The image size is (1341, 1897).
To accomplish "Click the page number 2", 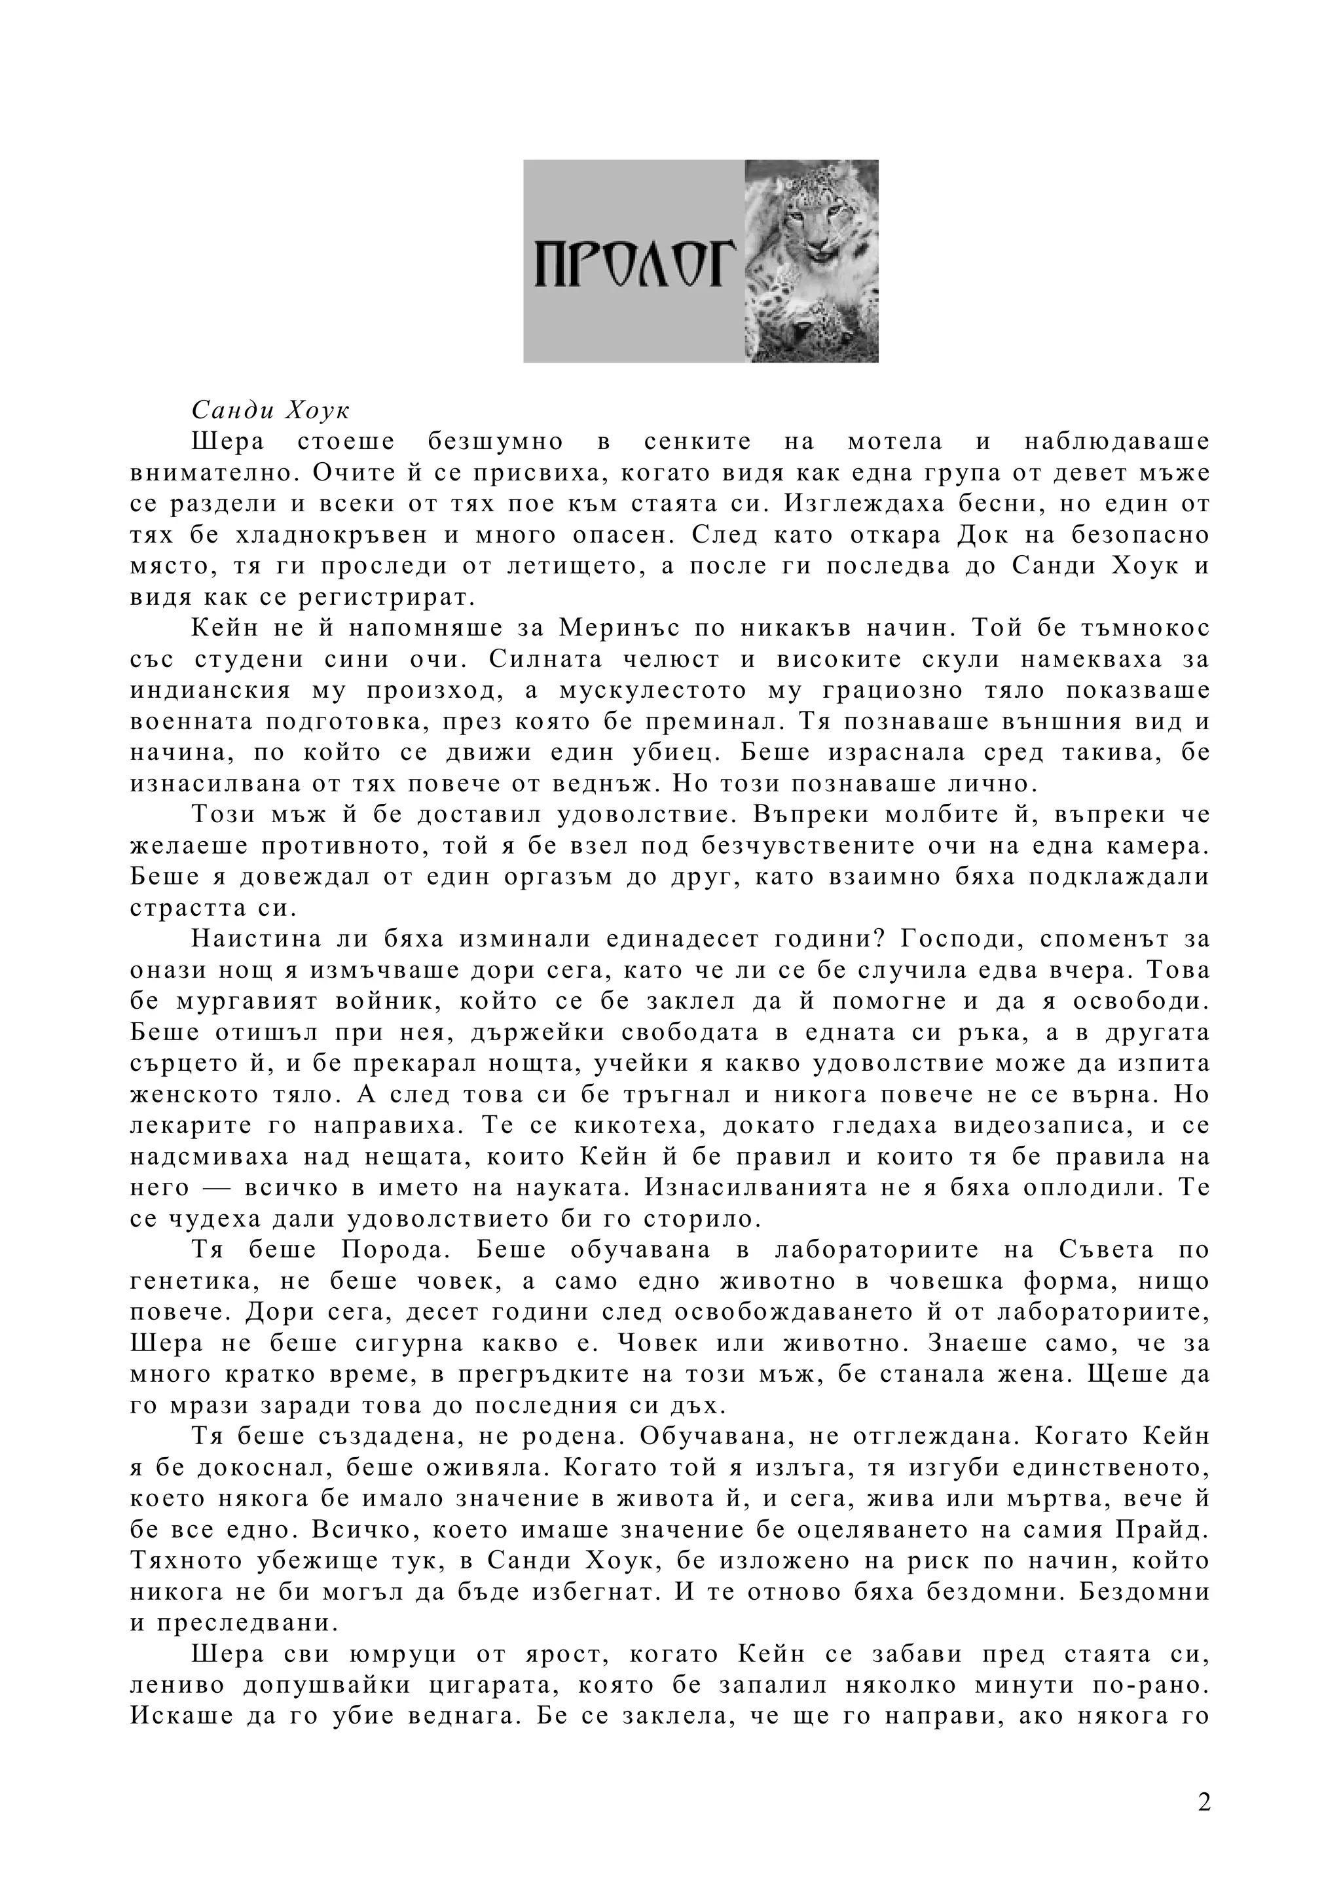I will [x=1204, y=1801].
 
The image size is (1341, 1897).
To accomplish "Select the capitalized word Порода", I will [x=394, y=1250].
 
